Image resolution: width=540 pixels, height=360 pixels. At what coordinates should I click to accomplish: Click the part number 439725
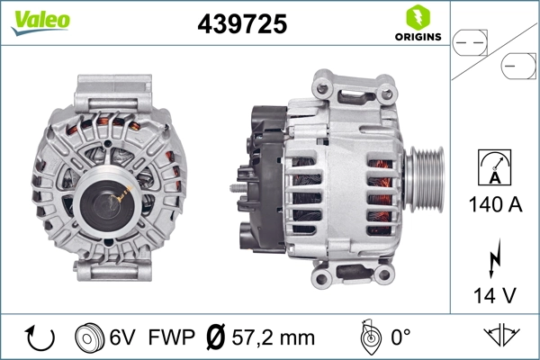click(x=241, y=25)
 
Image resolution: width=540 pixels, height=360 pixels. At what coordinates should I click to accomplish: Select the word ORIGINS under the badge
click(x=417, y=38)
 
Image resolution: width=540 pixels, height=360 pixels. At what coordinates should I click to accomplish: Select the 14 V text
click(x=492, y=295)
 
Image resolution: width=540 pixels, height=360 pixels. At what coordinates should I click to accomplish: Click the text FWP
click(x=172, y=337)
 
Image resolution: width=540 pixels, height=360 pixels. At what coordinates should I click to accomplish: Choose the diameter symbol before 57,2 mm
click(x=216, y=337)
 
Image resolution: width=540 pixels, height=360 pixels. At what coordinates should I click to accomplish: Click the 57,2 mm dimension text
click(x=272, y=337)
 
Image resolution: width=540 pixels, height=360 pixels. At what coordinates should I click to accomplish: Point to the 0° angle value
click(x=400, y=337)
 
